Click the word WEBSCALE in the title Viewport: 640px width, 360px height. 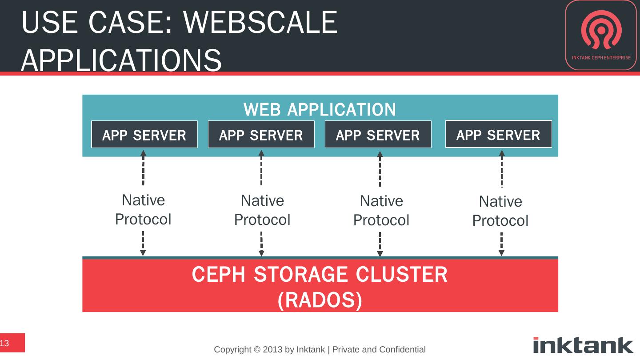(260, 22)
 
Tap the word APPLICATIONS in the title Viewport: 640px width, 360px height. (121, 60)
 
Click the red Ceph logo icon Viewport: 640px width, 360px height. (601, 30)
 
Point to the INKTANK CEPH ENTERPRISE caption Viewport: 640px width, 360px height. (601, 58)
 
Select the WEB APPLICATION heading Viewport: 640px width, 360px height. (320, 109)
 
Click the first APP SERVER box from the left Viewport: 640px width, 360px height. (144, 134)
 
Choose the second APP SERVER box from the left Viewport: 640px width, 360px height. (261, 134)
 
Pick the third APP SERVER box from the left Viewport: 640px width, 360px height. (378, 134)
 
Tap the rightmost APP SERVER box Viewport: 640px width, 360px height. (499, 134)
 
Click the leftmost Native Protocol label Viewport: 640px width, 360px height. (143, 210)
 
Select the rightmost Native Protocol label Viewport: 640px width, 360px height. (500, 211)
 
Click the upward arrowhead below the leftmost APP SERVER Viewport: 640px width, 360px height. (144, 153)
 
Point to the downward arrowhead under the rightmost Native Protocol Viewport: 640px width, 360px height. (501, 253)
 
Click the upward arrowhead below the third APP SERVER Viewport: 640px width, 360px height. (380, 154)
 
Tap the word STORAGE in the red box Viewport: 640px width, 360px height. (300, 274)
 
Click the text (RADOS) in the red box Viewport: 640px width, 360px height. (320, 300)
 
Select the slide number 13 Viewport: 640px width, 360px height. (4, 343)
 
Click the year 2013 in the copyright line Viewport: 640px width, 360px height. (272, 349)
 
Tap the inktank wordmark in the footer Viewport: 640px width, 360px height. (583, 345)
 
